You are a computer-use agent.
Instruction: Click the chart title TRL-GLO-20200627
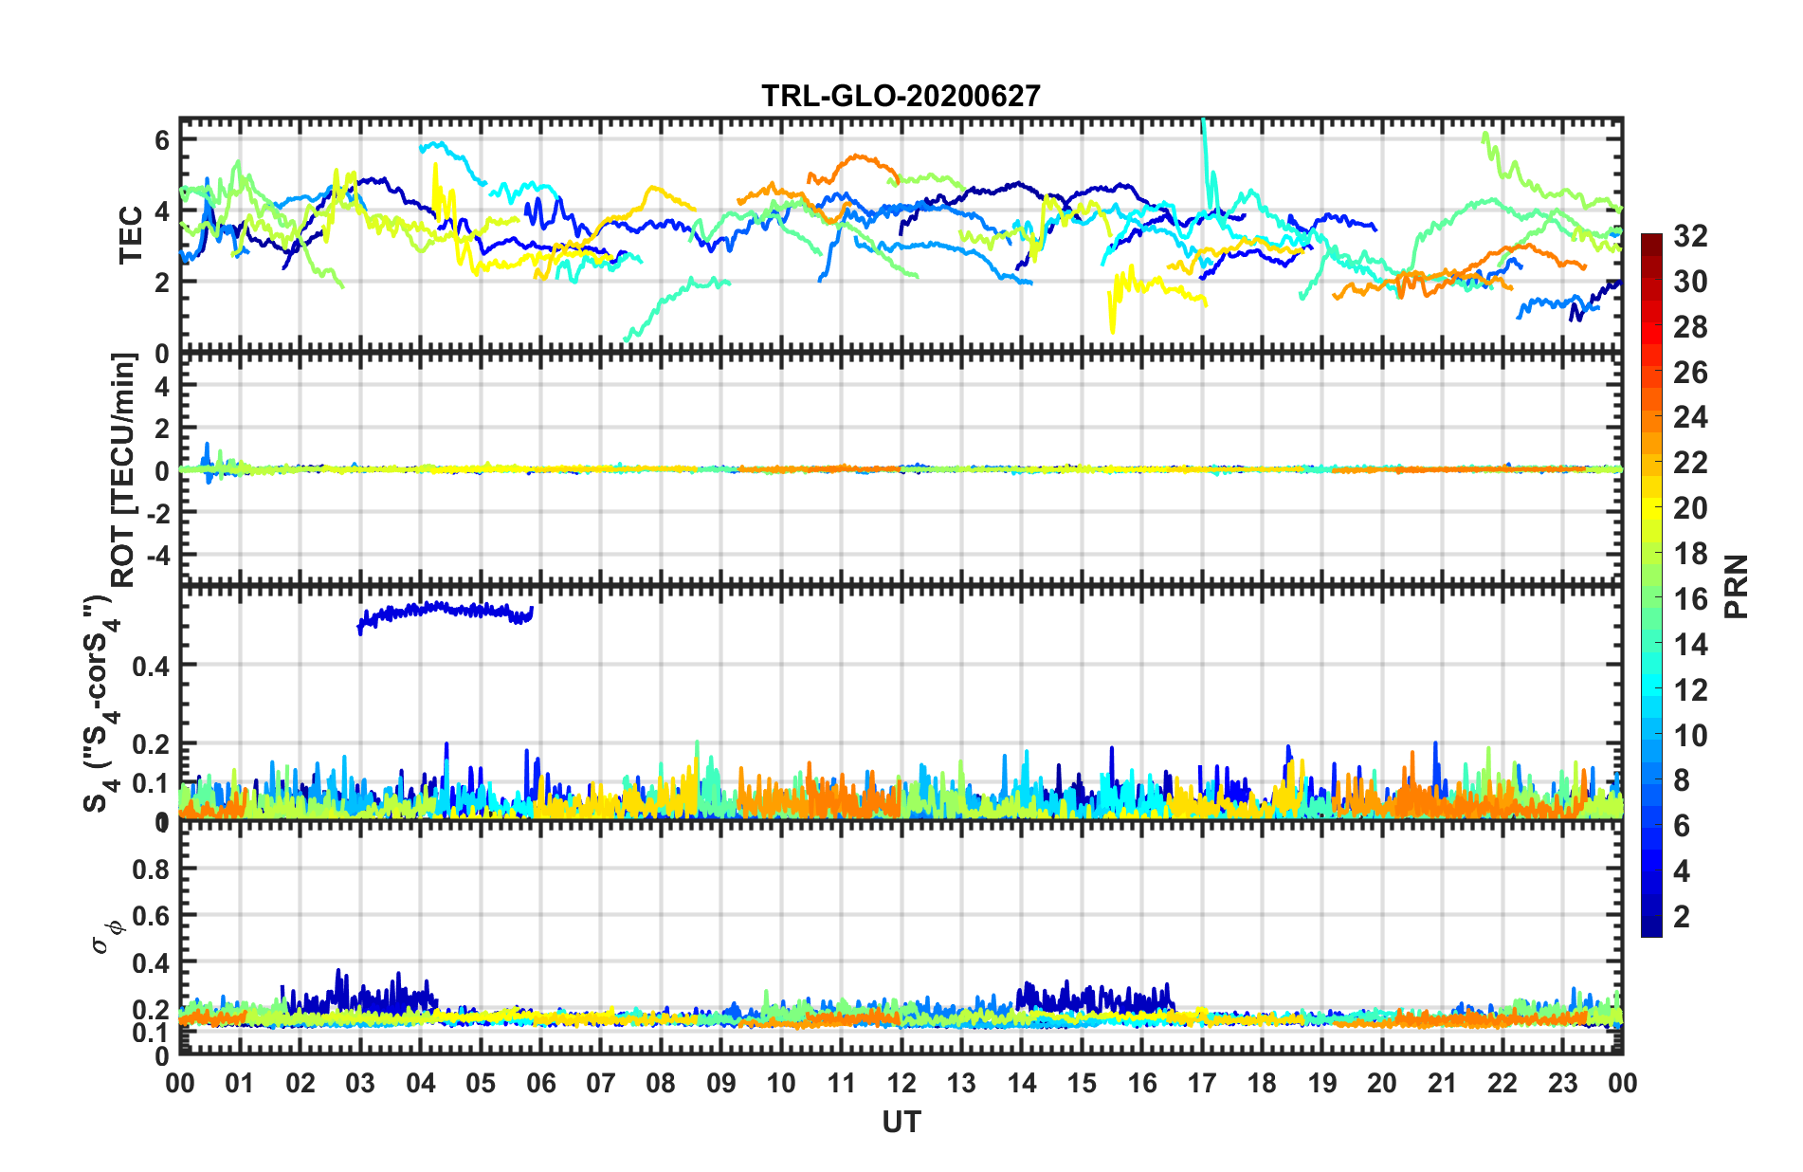coord(901,96)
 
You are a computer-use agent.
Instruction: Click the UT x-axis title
coord(901,1123)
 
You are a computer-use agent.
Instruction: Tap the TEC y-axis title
coord(130,234)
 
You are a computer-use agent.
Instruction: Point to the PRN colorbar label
coord(1737,586)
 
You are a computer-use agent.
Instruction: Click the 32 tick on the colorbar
coord(1689,236)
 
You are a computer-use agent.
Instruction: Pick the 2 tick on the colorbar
coord(1682,917)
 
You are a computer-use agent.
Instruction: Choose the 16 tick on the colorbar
coord(1689,599)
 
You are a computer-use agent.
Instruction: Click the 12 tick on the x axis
coord(901,1084)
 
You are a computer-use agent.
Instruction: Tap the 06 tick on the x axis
coord(540,1084)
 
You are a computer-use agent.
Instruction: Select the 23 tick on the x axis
coord(1562,1084)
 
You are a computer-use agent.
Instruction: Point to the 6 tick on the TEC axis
coord(162,140)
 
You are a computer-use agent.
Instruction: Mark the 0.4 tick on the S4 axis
coord(152,666)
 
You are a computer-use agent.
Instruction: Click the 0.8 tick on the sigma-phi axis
coord(152,870)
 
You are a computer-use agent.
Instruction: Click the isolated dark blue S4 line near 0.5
coord(446,610)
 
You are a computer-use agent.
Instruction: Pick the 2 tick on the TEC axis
coord(162,282)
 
